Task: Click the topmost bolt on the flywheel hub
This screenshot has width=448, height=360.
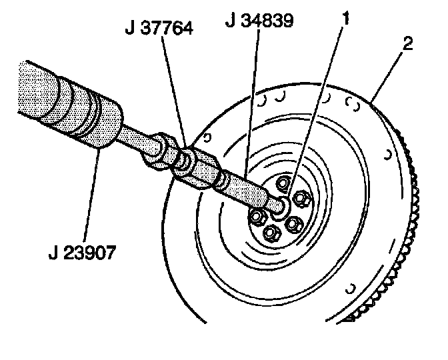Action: click(x=283, y=183)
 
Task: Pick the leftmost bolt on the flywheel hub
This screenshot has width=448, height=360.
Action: click(x=257, y=216)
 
